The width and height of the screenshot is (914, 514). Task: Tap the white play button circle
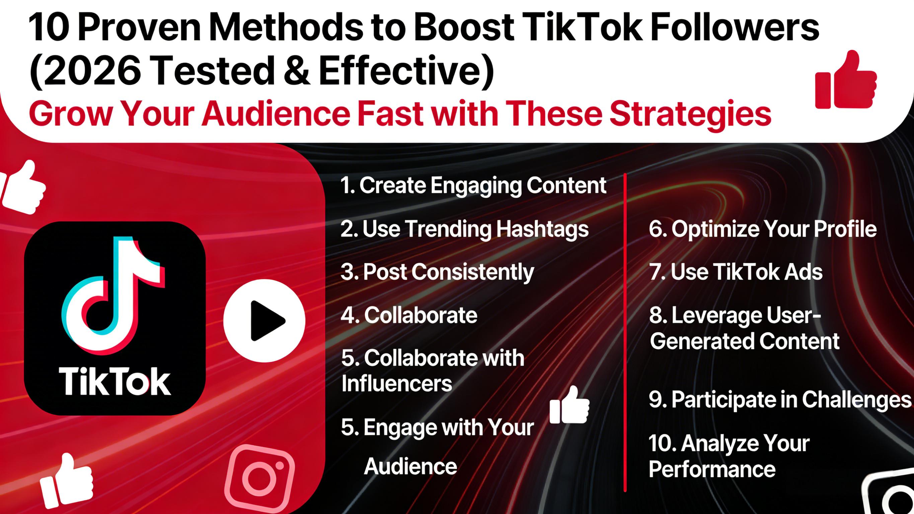click(264, 320)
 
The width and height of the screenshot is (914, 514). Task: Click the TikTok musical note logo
click(113, 295)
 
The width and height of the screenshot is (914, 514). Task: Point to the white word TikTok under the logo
click(115, 382)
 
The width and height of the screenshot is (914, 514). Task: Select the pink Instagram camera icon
click(259, 478)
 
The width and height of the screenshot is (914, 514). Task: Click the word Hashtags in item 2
click(542, 229)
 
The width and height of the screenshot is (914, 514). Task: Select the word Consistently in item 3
click(473, 272)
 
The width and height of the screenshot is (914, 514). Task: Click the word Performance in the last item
click(712, 469)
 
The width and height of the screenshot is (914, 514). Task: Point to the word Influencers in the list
click(397, 383)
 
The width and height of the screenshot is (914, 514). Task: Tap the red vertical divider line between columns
click(625, 332)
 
